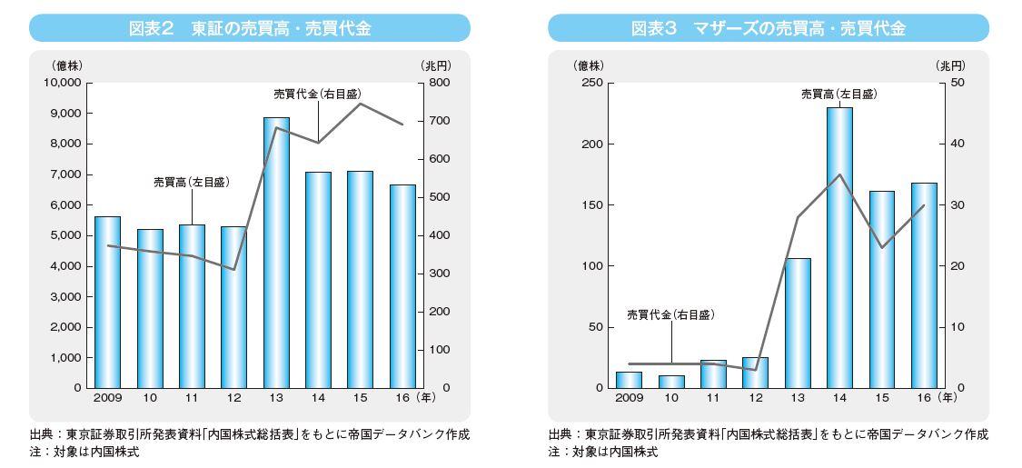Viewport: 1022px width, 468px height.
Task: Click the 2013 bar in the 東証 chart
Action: coord(276,253)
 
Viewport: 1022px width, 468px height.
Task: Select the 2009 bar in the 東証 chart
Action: coord(107,303)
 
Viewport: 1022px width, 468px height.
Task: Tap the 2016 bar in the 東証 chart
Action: coord(402,287)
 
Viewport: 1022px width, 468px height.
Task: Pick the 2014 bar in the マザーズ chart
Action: coord(838,248)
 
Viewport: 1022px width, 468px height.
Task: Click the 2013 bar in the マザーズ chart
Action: coord(797,324)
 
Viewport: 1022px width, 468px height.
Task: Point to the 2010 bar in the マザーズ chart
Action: coord(670,382)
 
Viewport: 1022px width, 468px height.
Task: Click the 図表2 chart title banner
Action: coord(250,28)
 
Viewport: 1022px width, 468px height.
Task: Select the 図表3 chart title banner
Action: coord(769,28)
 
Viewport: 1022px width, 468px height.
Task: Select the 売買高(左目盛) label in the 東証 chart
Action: coord(192,184)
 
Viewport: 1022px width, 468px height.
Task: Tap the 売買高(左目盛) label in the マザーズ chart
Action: coord(839,94)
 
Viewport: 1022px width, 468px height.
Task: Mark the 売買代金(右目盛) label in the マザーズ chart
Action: coord(671,314)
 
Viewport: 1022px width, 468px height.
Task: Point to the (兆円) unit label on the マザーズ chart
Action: coord(950,65)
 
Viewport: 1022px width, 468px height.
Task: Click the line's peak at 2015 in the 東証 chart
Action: coord(361,104)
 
